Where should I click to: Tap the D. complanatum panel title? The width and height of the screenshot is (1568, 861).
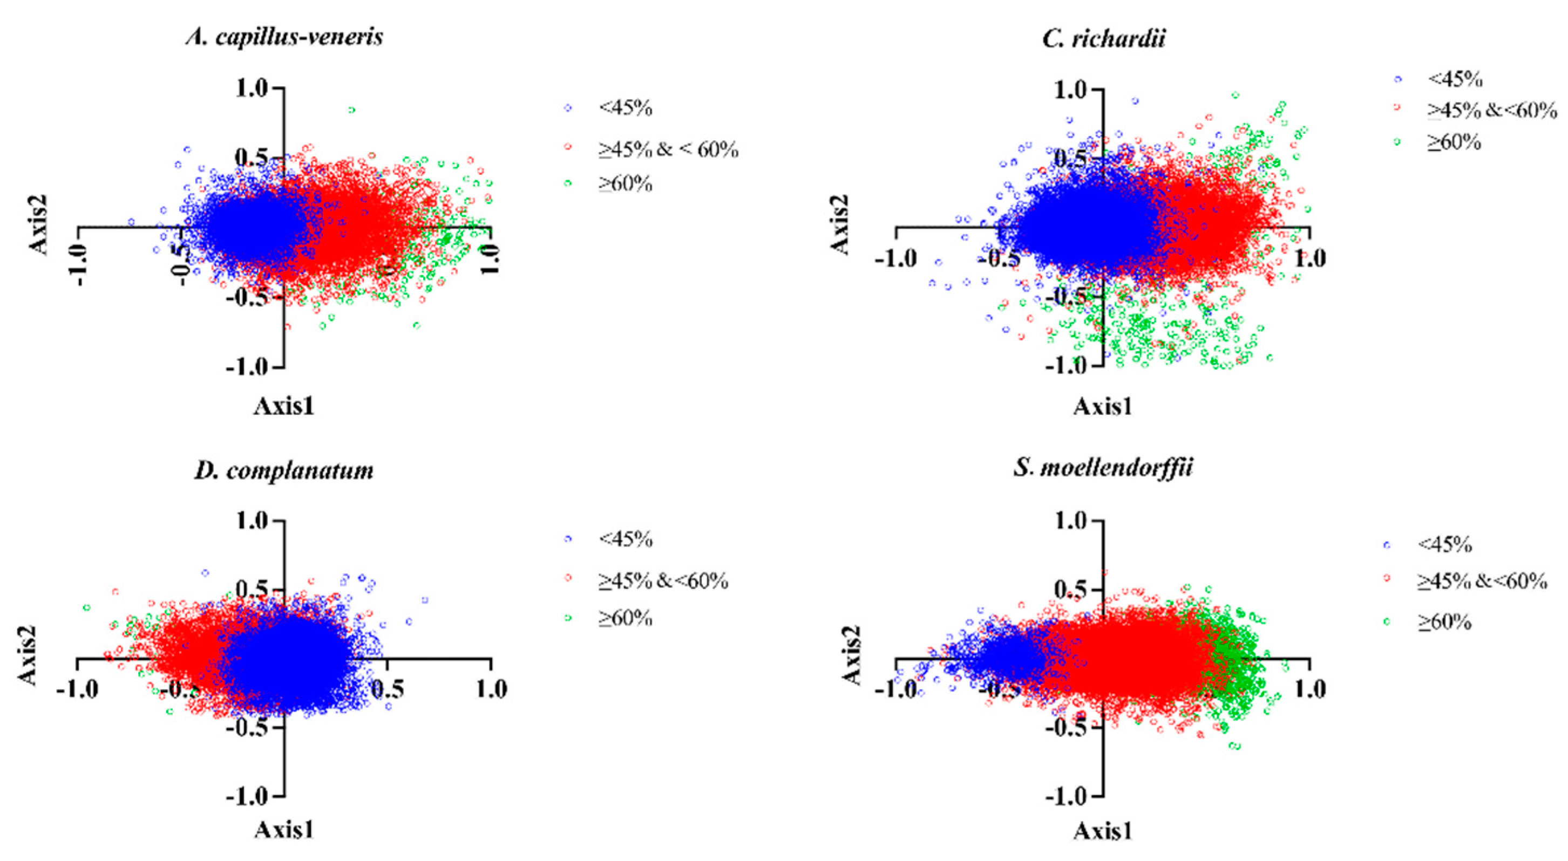tap(284, 470)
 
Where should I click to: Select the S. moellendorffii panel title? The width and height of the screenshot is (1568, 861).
tap(1103, 467)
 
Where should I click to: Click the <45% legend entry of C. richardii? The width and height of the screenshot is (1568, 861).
tap(1455, 80)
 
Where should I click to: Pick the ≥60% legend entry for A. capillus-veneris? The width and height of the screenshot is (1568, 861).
tap(625, 183)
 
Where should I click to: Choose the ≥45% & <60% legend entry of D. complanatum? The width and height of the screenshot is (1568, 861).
tap(663, 581)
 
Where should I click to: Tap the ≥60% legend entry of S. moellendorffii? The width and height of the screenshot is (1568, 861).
tap(1444, 622)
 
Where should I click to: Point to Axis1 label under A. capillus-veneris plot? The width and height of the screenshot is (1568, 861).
tap(284, 406)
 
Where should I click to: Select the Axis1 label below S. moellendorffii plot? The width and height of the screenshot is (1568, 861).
tap(1103, 831)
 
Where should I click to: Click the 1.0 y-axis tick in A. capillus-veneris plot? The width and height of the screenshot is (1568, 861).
tap(252, 89)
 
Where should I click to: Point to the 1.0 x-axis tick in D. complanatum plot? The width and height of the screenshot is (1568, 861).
tap(491, 689)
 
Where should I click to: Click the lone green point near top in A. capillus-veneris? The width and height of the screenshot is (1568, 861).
tap(351, 110)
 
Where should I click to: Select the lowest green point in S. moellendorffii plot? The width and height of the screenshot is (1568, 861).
tap(1236, 747)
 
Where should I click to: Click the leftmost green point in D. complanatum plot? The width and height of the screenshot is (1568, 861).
tap(86, 608)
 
